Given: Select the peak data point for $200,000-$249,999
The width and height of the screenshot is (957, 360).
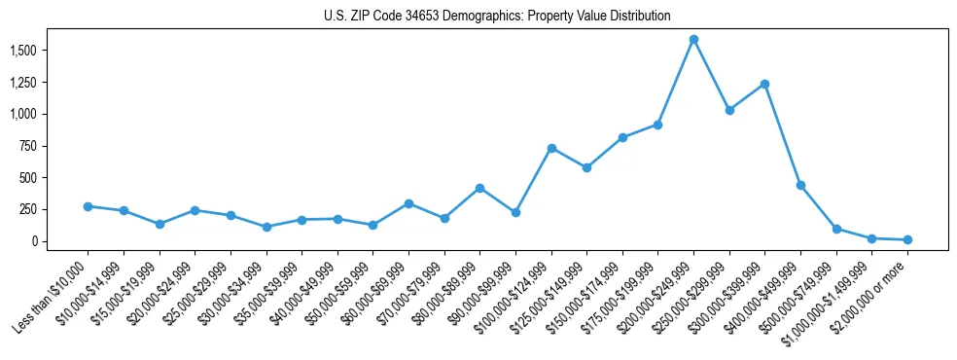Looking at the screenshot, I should click(693, 40).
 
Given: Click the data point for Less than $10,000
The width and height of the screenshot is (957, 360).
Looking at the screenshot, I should click(88, 206).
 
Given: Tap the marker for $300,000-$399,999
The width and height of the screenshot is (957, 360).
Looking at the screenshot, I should click(764, 84).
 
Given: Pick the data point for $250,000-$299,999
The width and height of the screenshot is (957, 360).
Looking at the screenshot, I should click(729, 110).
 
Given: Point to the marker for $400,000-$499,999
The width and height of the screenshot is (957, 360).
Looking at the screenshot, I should click(800, 185).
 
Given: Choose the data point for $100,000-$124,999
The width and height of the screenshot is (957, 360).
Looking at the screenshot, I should click(551, 148).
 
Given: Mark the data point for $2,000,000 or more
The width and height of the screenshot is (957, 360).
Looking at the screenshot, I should click(907, 239).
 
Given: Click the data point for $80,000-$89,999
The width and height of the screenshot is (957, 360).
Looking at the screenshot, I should click(479, 188).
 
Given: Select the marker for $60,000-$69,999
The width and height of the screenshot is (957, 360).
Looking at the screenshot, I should click(408, 203).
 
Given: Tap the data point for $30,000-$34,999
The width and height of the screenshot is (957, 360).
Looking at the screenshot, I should click(266, 227).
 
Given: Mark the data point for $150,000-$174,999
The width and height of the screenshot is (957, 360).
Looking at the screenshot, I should click(622, 137).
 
